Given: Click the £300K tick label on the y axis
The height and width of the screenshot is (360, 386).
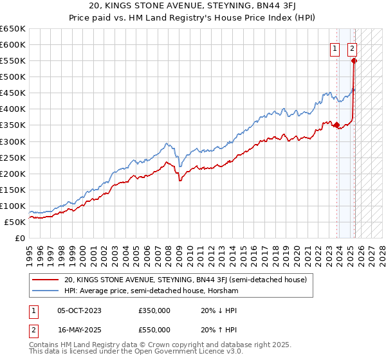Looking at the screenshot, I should tap(13, 141).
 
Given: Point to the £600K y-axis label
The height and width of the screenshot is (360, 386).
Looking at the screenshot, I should tap(13, 44).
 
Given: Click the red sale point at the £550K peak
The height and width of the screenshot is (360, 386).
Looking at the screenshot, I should tap(354, 61).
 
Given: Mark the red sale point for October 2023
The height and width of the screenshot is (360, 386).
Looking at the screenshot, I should tap(336, 125).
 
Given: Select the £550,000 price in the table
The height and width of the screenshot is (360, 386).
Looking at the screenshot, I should tap(154, 330).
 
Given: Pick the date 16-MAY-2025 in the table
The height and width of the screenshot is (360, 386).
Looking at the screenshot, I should tap(79, 330).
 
